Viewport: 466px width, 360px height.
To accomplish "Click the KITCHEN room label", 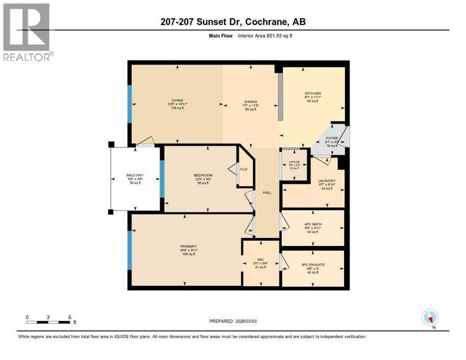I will coord(312,93).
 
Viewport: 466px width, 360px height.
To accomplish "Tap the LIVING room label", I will coord(177,100).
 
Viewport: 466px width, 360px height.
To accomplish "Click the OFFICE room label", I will coord(294,162).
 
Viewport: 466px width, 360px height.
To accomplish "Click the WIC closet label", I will coord(260,259).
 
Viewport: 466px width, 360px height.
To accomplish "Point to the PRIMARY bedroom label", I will coord(188,246).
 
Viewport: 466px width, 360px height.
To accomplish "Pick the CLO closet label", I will coord(244,169).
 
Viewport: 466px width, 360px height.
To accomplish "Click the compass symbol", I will coord(430,317).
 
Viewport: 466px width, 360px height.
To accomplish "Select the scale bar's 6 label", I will coord(69,317).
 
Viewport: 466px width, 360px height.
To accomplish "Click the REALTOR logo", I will coord(26,32).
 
